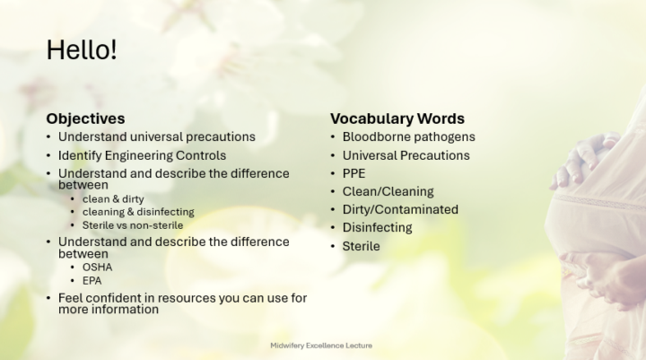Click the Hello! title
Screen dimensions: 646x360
(x=82, y=50)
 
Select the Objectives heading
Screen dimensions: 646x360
(x=85, y=119)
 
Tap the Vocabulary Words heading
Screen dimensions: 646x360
(x=397, y=119)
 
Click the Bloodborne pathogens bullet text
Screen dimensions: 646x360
(x=409, y=136)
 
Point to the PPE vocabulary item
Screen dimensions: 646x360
(x=354, y=173)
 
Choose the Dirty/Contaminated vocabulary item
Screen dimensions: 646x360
(x=400, y=209)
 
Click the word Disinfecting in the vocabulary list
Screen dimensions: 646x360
(x=377, y=228)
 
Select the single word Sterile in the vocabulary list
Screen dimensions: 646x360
(x=361, y=246)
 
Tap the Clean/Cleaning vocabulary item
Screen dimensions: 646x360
(x=388, y=192)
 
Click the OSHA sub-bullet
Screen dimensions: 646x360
(x=97, y=268)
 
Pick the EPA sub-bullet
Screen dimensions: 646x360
(x=92, y=281)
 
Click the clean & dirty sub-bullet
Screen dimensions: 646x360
(x=113, y=199)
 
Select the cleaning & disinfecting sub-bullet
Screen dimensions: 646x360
(x=138, y=212)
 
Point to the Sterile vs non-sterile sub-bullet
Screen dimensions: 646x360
(x=133, y=225)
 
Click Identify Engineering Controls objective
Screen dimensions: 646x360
(x=142, y=155)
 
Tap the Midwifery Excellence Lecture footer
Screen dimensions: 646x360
(x=321, y=346)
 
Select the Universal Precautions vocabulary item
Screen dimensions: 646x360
(x=406, y=155)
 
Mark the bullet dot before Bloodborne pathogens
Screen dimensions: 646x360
(x=333, y=136)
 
